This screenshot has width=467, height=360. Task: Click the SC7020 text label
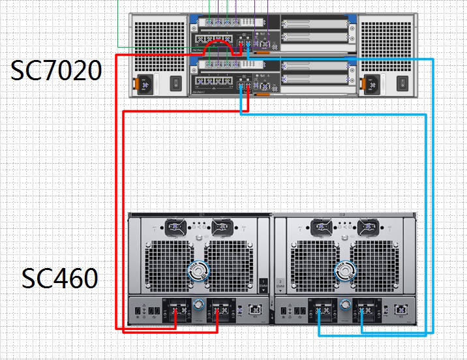coord(56,70)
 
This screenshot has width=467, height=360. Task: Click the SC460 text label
coord(60,278)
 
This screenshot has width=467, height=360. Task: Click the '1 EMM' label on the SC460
coord(264,284)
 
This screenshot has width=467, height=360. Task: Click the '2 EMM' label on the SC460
coord(281,284)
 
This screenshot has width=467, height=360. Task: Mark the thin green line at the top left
coord(118,26)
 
